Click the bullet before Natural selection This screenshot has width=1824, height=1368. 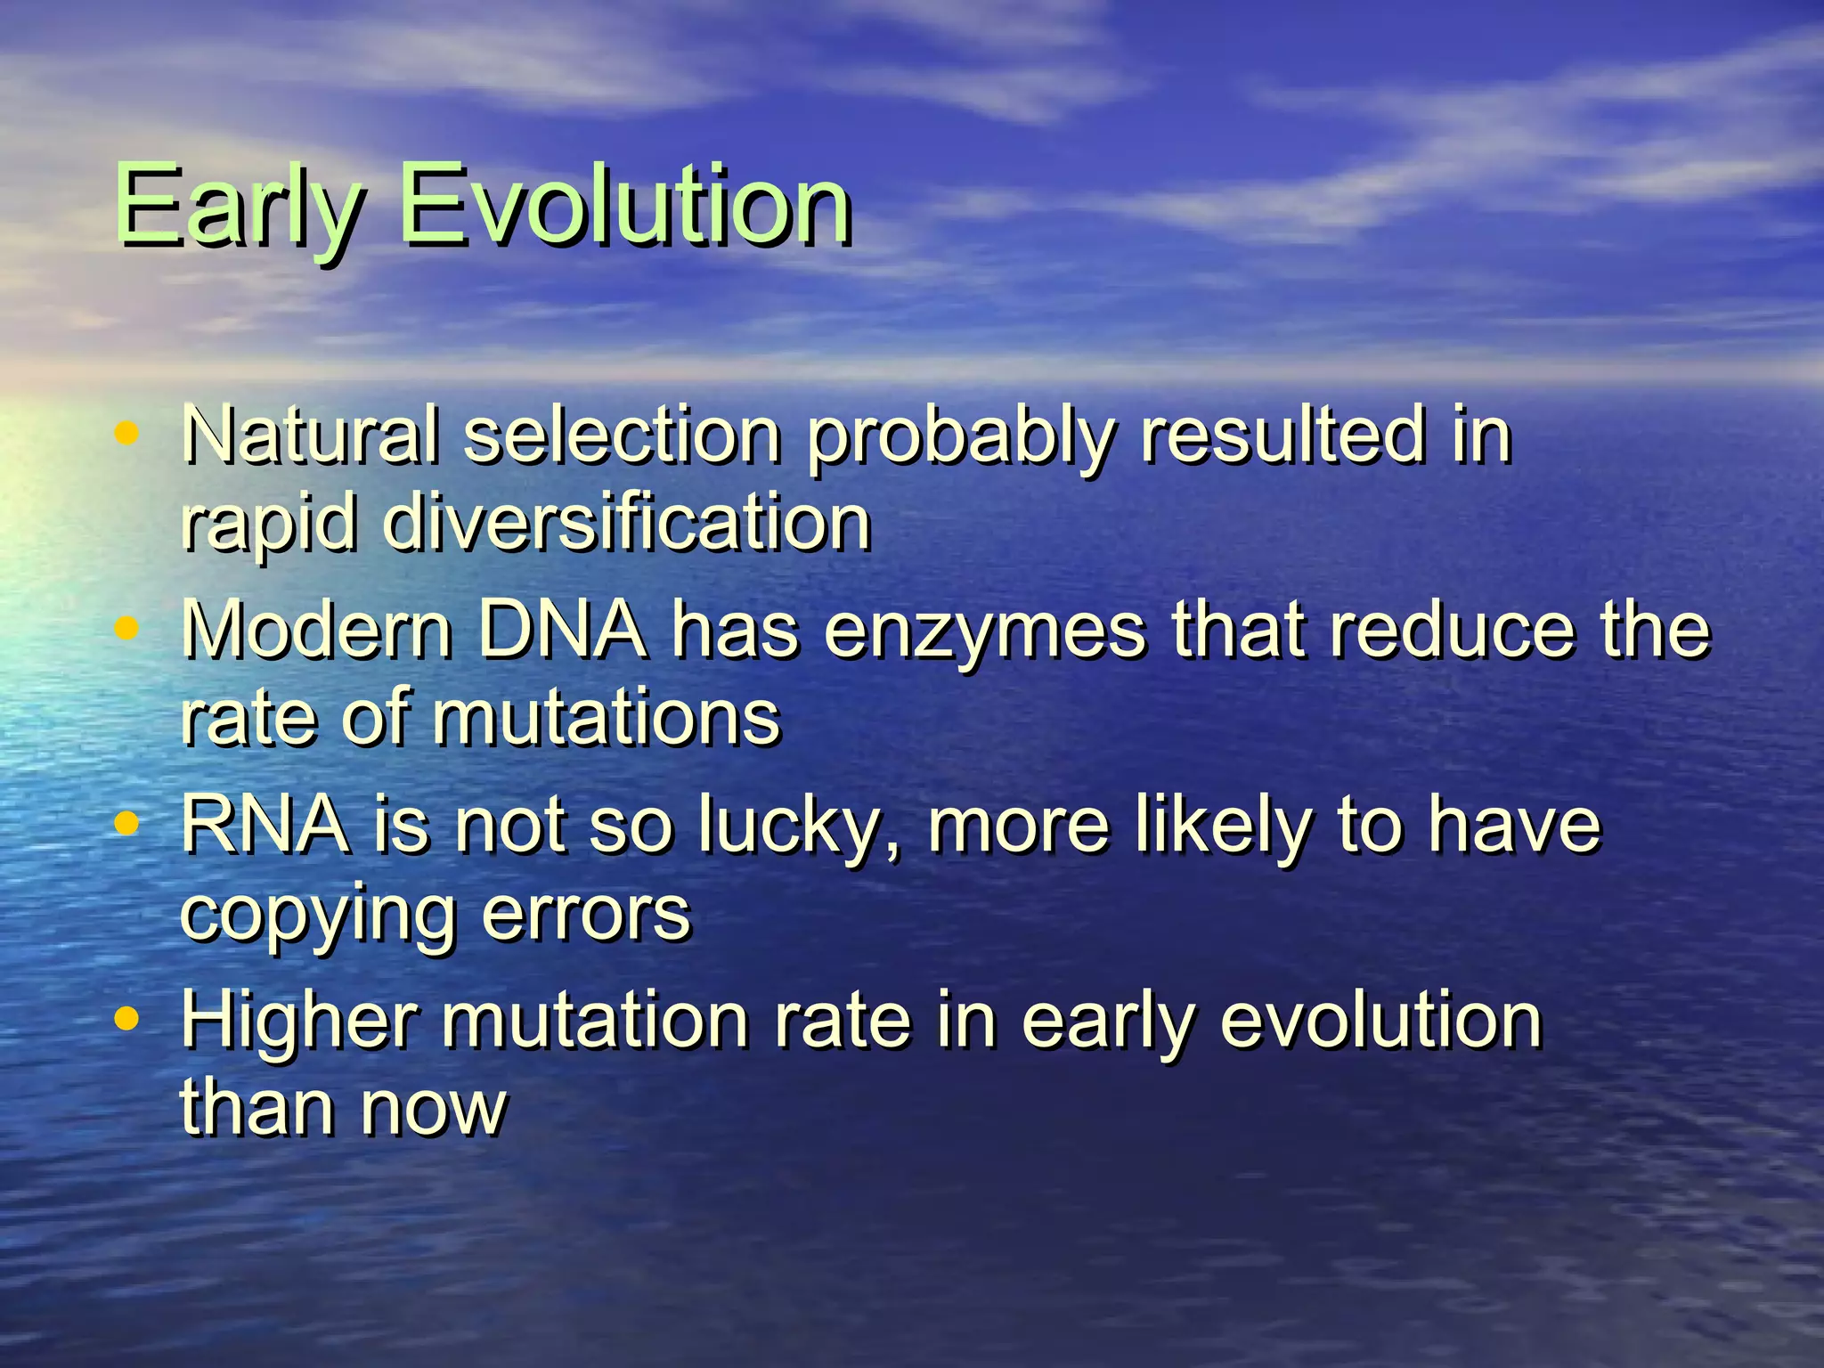(x=127, y=434)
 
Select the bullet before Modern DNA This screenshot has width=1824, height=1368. (x=127, y=629)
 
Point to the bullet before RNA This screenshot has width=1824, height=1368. (x=127, y=824)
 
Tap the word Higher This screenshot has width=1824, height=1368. (x=299, y=1022)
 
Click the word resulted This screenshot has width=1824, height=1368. (x=1282, y=436)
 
